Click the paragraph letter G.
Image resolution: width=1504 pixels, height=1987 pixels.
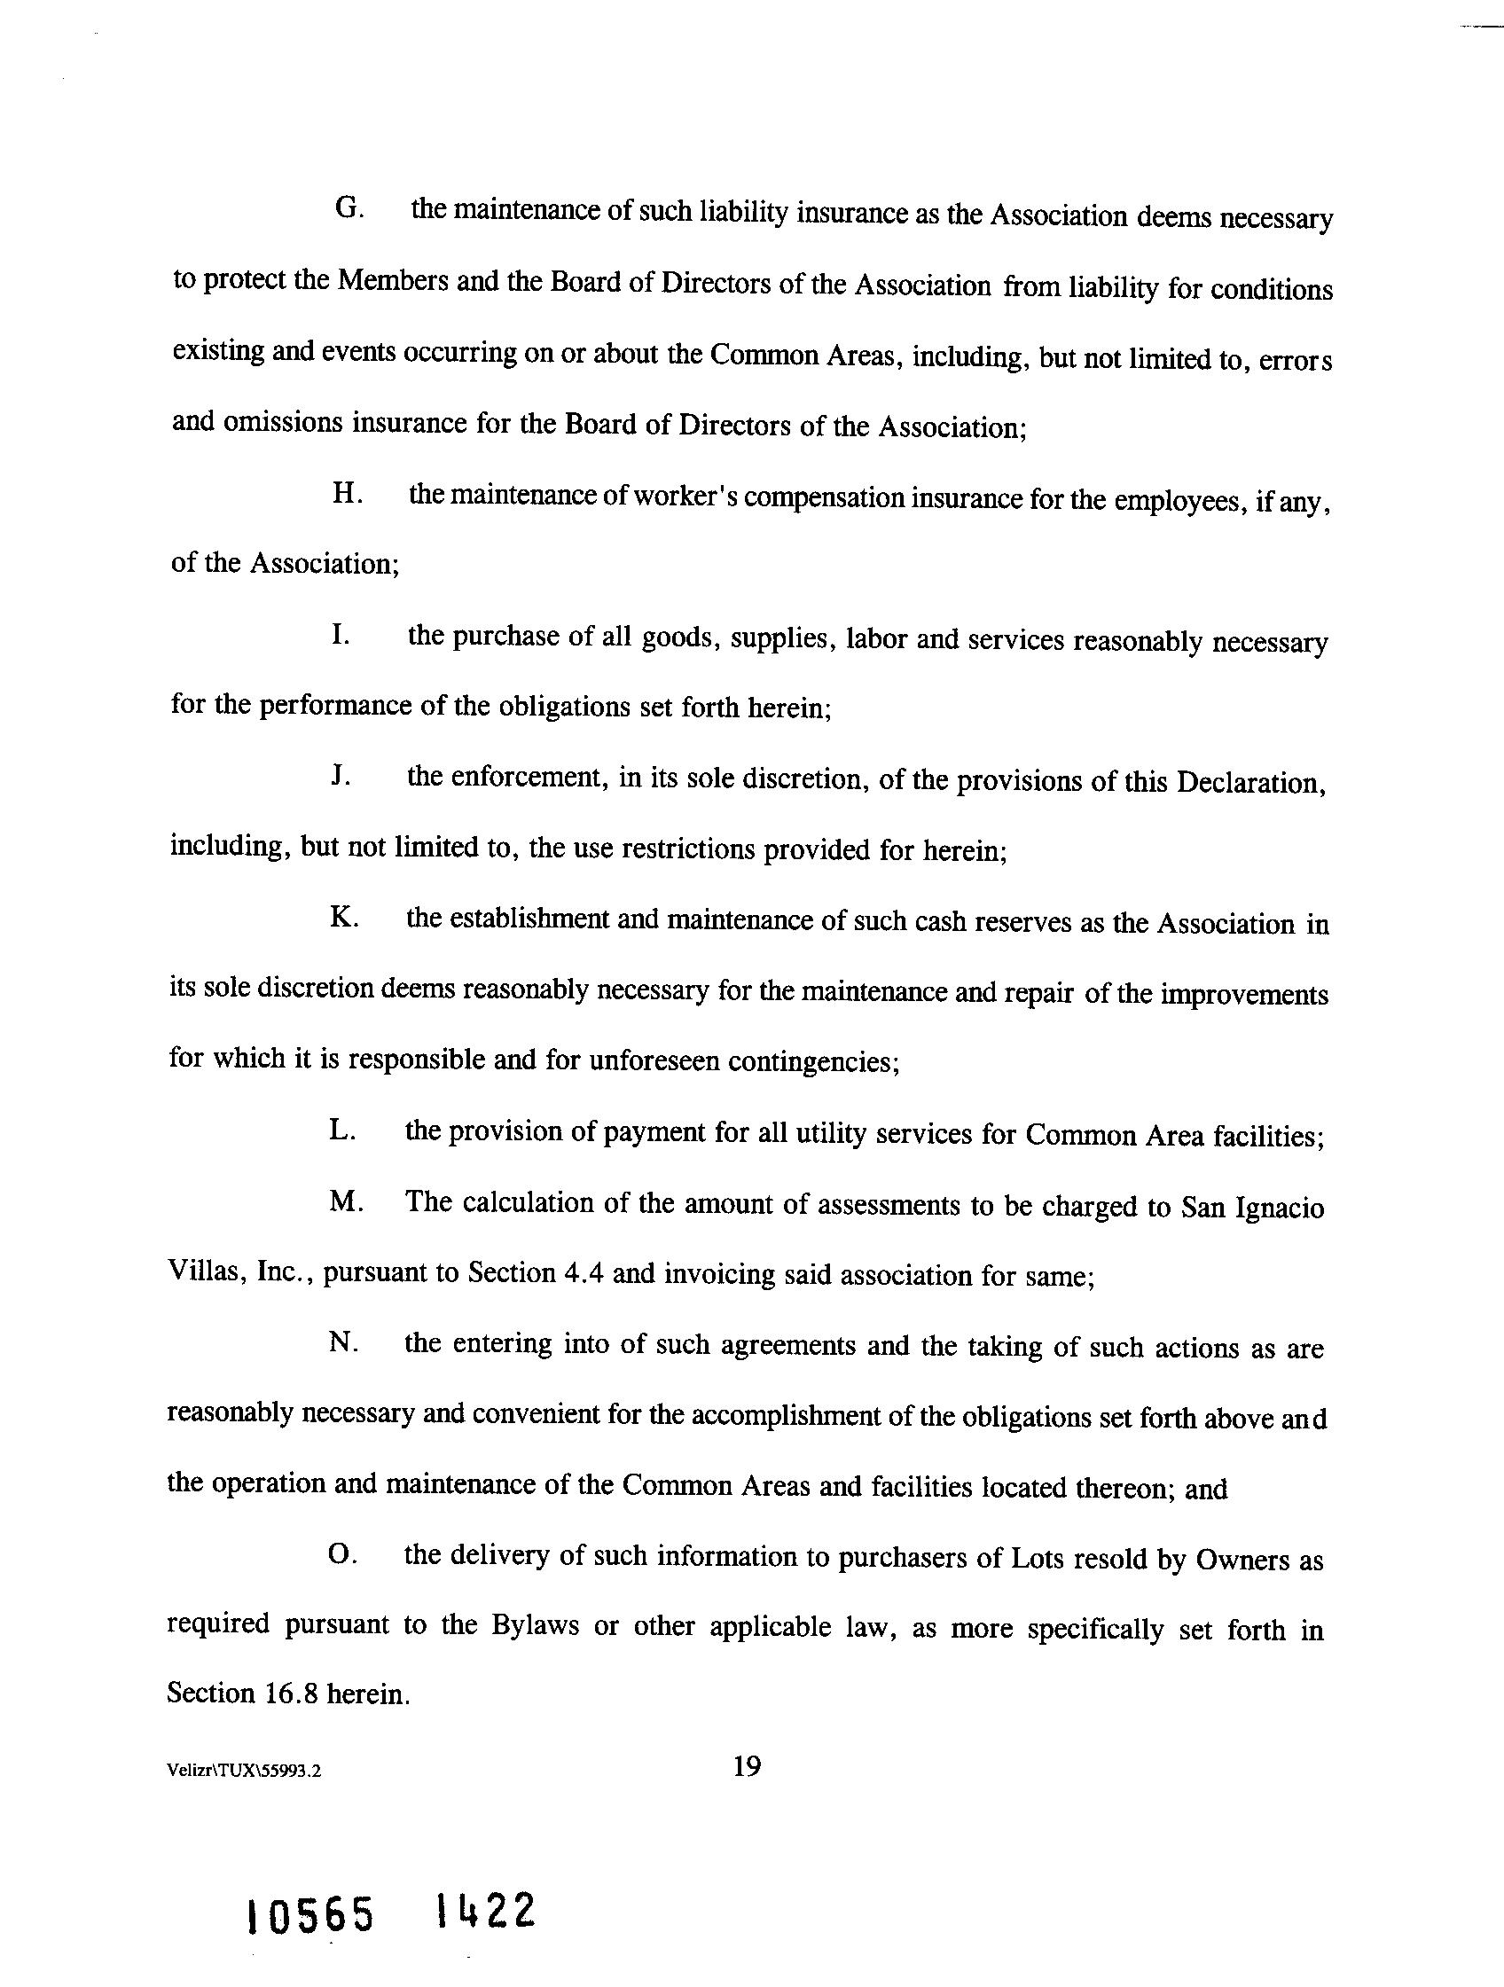click(347, 208)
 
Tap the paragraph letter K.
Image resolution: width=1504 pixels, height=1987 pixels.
click(344, 918)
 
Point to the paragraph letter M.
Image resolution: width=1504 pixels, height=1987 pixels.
click(345, 1202)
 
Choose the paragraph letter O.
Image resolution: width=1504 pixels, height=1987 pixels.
click(342, 1554)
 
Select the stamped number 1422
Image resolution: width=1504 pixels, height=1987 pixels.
click(484, 1910)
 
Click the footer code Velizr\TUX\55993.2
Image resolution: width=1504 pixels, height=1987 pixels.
click(244, 1771)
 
